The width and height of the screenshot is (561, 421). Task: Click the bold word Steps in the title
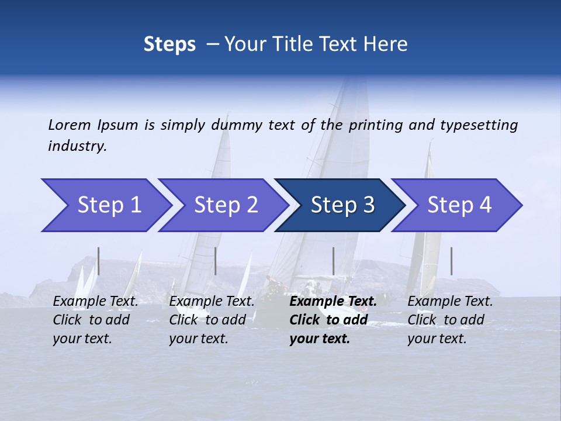[x=169, y=44]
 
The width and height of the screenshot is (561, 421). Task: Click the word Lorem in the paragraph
[x=69, y=125]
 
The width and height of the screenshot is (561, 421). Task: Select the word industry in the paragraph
[x=77, y=146]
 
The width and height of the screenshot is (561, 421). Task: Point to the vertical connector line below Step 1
[x=99, y=261]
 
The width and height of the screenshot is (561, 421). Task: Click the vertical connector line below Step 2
[x=216, y=261]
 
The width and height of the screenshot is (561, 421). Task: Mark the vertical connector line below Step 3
[x=333, y=261]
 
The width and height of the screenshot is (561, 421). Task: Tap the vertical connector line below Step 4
[x=451, y=261]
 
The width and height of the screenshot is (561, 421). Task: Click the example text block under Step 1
[x=95, y=320]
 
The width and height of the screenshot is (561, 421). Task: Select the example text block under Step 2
[x=212, y=320]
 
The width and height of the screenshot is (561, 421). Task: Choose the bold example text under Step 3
[x=333, y=320]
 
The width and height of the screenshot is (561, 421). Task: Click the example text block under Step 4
[x=450, y=320]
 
